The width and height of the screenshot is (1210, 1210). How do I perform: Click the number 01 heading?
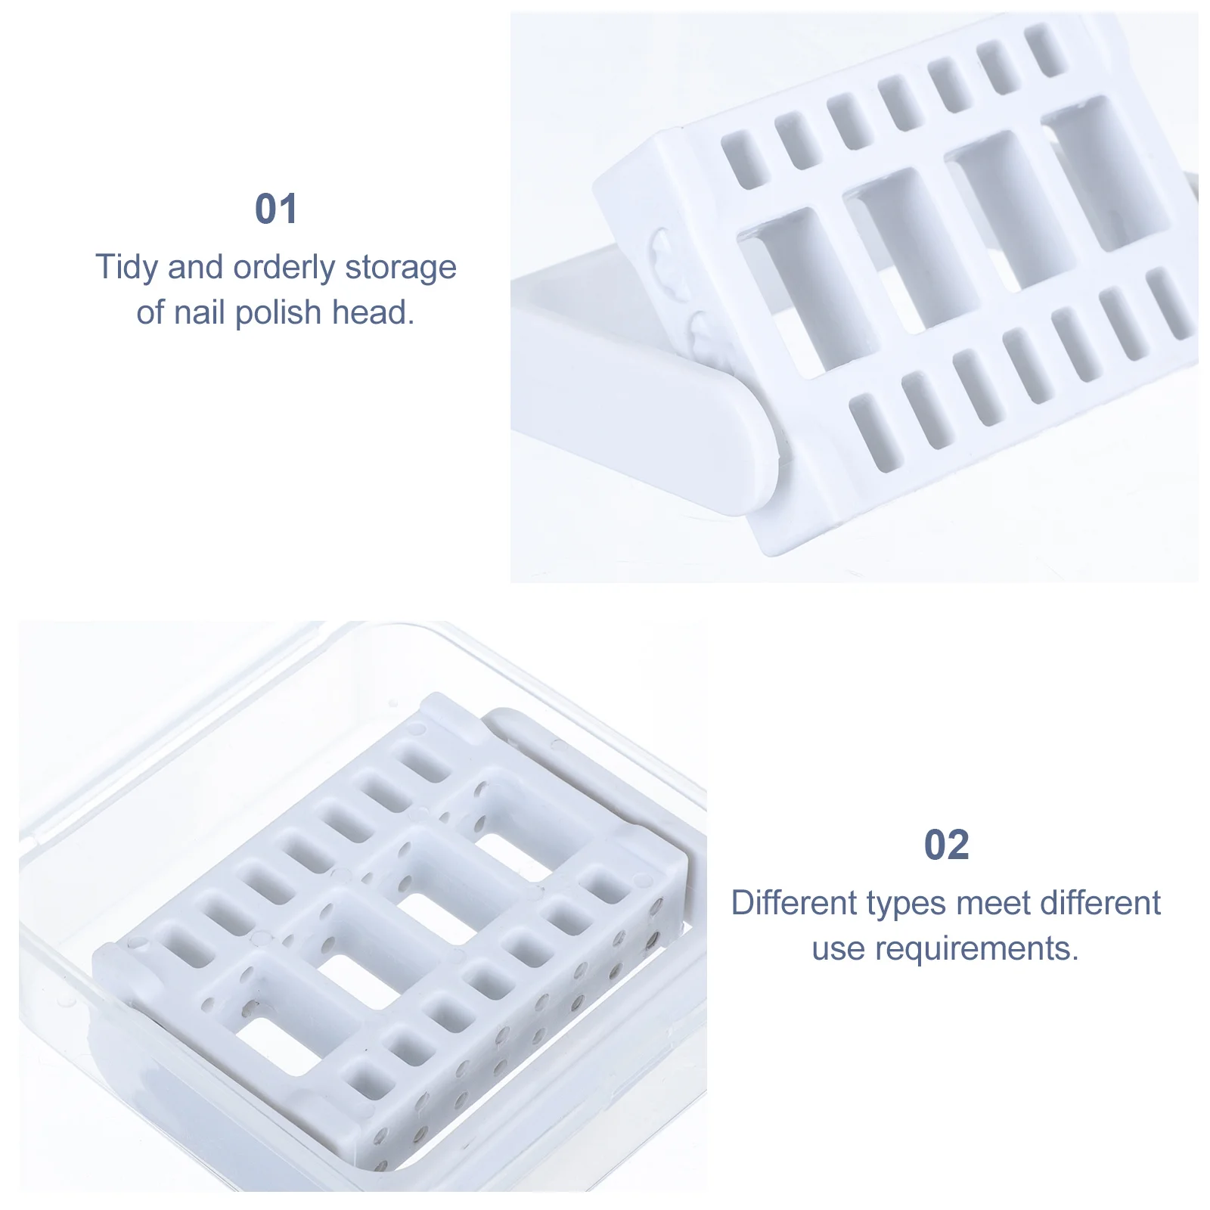click(276, 209)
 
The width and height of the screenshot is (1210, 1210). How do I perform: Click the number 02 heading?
click(946, 845)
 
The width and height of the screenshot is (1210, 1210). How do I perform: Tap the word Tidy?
click(126, 268)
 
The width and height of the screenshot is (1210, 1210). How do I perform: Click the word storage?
click(401, 268)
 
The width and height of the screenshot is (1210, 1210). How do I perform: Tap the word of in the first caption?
click(150, 312)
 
